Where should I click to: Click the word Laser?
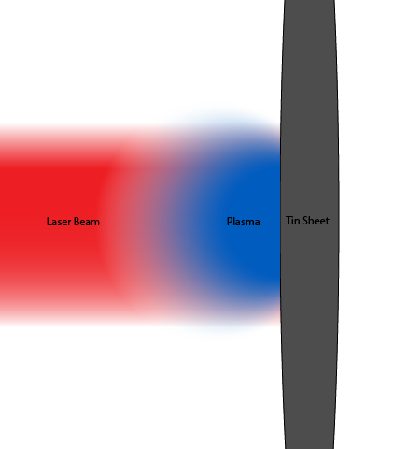coord(59,222)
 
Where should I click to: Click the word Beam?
coord(87,222)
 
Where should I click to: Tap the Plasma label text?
coord(244,222)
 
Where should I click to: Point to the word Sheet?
coord(316,221)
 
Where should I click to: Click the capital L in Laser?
coord(49,222)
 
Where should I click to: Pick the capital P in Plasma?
coord(230,222)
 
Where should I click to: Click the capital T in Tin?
coord(289,221)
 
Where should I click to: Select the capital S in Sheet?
coord(304,221)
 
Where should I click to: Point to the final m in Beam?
coord(96,223)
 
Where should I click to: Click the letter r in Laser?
coord(69,223)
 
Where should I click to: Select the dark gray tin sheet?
coord(309,124)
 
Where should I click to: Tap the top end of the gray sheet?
coord(309,1)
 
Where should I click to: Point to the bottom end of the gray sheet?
coord(309,448)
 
